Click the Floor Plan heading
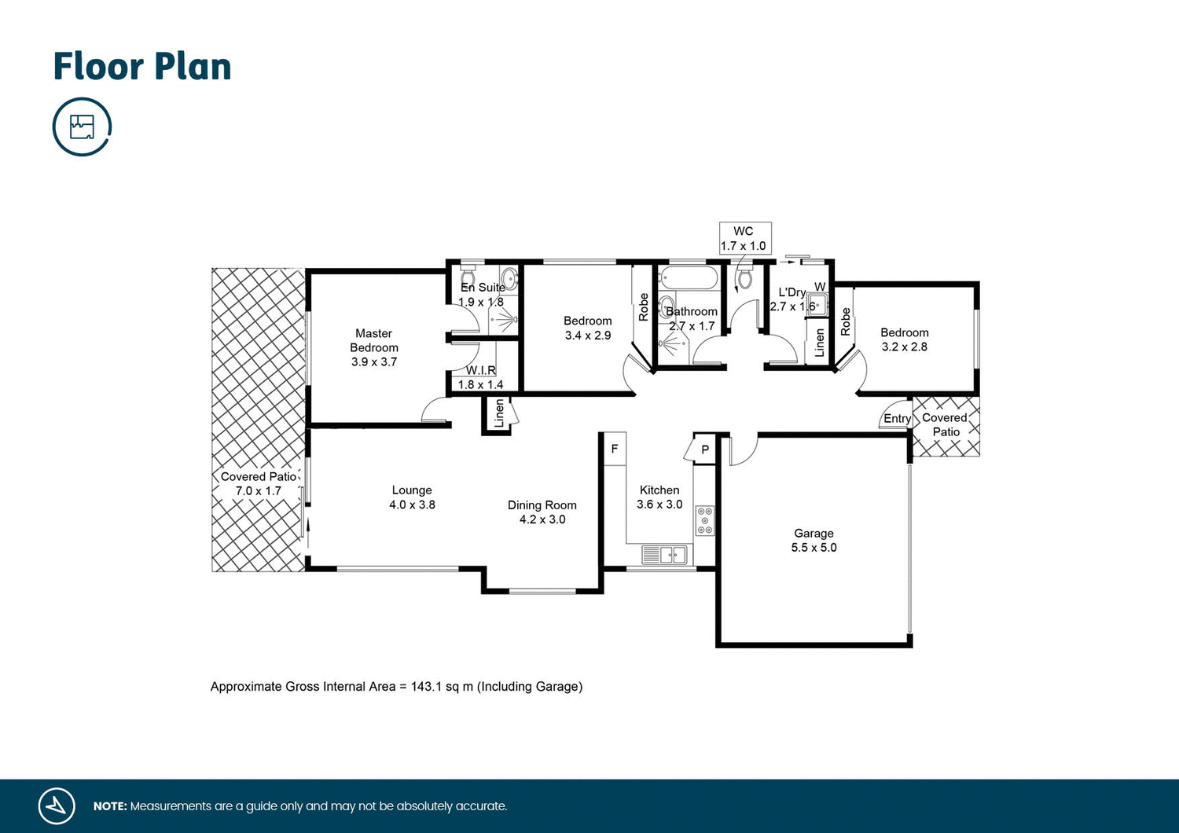point(142,67)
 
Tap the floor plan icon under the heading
point(83,127)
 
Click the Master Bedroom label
point(374,340)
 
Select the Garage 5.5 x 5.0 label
point(814,541)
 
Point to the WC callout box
point(744,238)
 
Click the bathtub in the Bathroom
point(689,278)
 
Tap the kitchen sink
point(664,556)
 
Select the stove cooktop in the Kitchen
point(705,520)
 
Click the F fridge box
point(615,449)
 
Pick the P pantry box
point(705,450)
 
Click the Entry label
point(897,419)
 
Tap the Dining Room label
point(542,505)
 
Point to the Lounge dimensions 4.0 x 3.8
point(412,505)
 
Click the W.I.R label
point(480,370)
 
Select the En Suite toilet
point(509,277)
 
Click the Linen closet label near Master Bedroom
point(499,414)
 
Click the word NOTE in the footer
point(109,806)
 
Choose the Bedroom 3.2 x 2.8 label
point(904,339)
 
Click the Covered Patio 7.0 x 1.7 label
point(259,483)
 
